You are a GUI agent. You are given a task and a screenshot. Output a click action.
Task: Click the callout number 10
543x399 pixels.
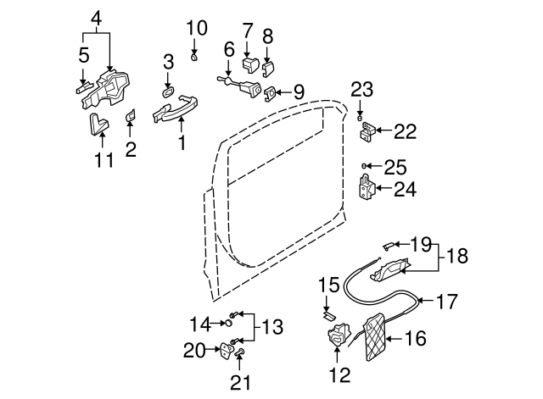coord(196,28)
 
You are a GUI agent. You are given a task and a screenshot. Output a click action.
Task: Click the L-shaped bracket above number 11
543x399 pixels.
coord(98,125)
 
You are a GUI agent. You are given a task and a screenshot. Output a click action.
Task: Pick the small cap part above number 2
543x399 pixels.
coord(132,114)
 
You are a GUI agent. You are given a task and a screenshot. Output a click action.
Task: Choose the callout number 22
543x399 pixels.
coord(406,131)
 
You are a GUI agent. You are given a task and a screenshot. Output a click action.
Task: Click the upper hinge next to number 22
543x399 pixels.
coord(367,131)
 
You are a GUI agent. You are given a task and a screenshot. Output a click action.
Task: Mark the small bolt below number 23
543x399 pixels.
coord(360,114)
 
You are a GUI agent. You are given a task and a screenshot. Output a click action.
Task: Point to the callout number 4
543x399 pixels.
coord(96,16)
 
